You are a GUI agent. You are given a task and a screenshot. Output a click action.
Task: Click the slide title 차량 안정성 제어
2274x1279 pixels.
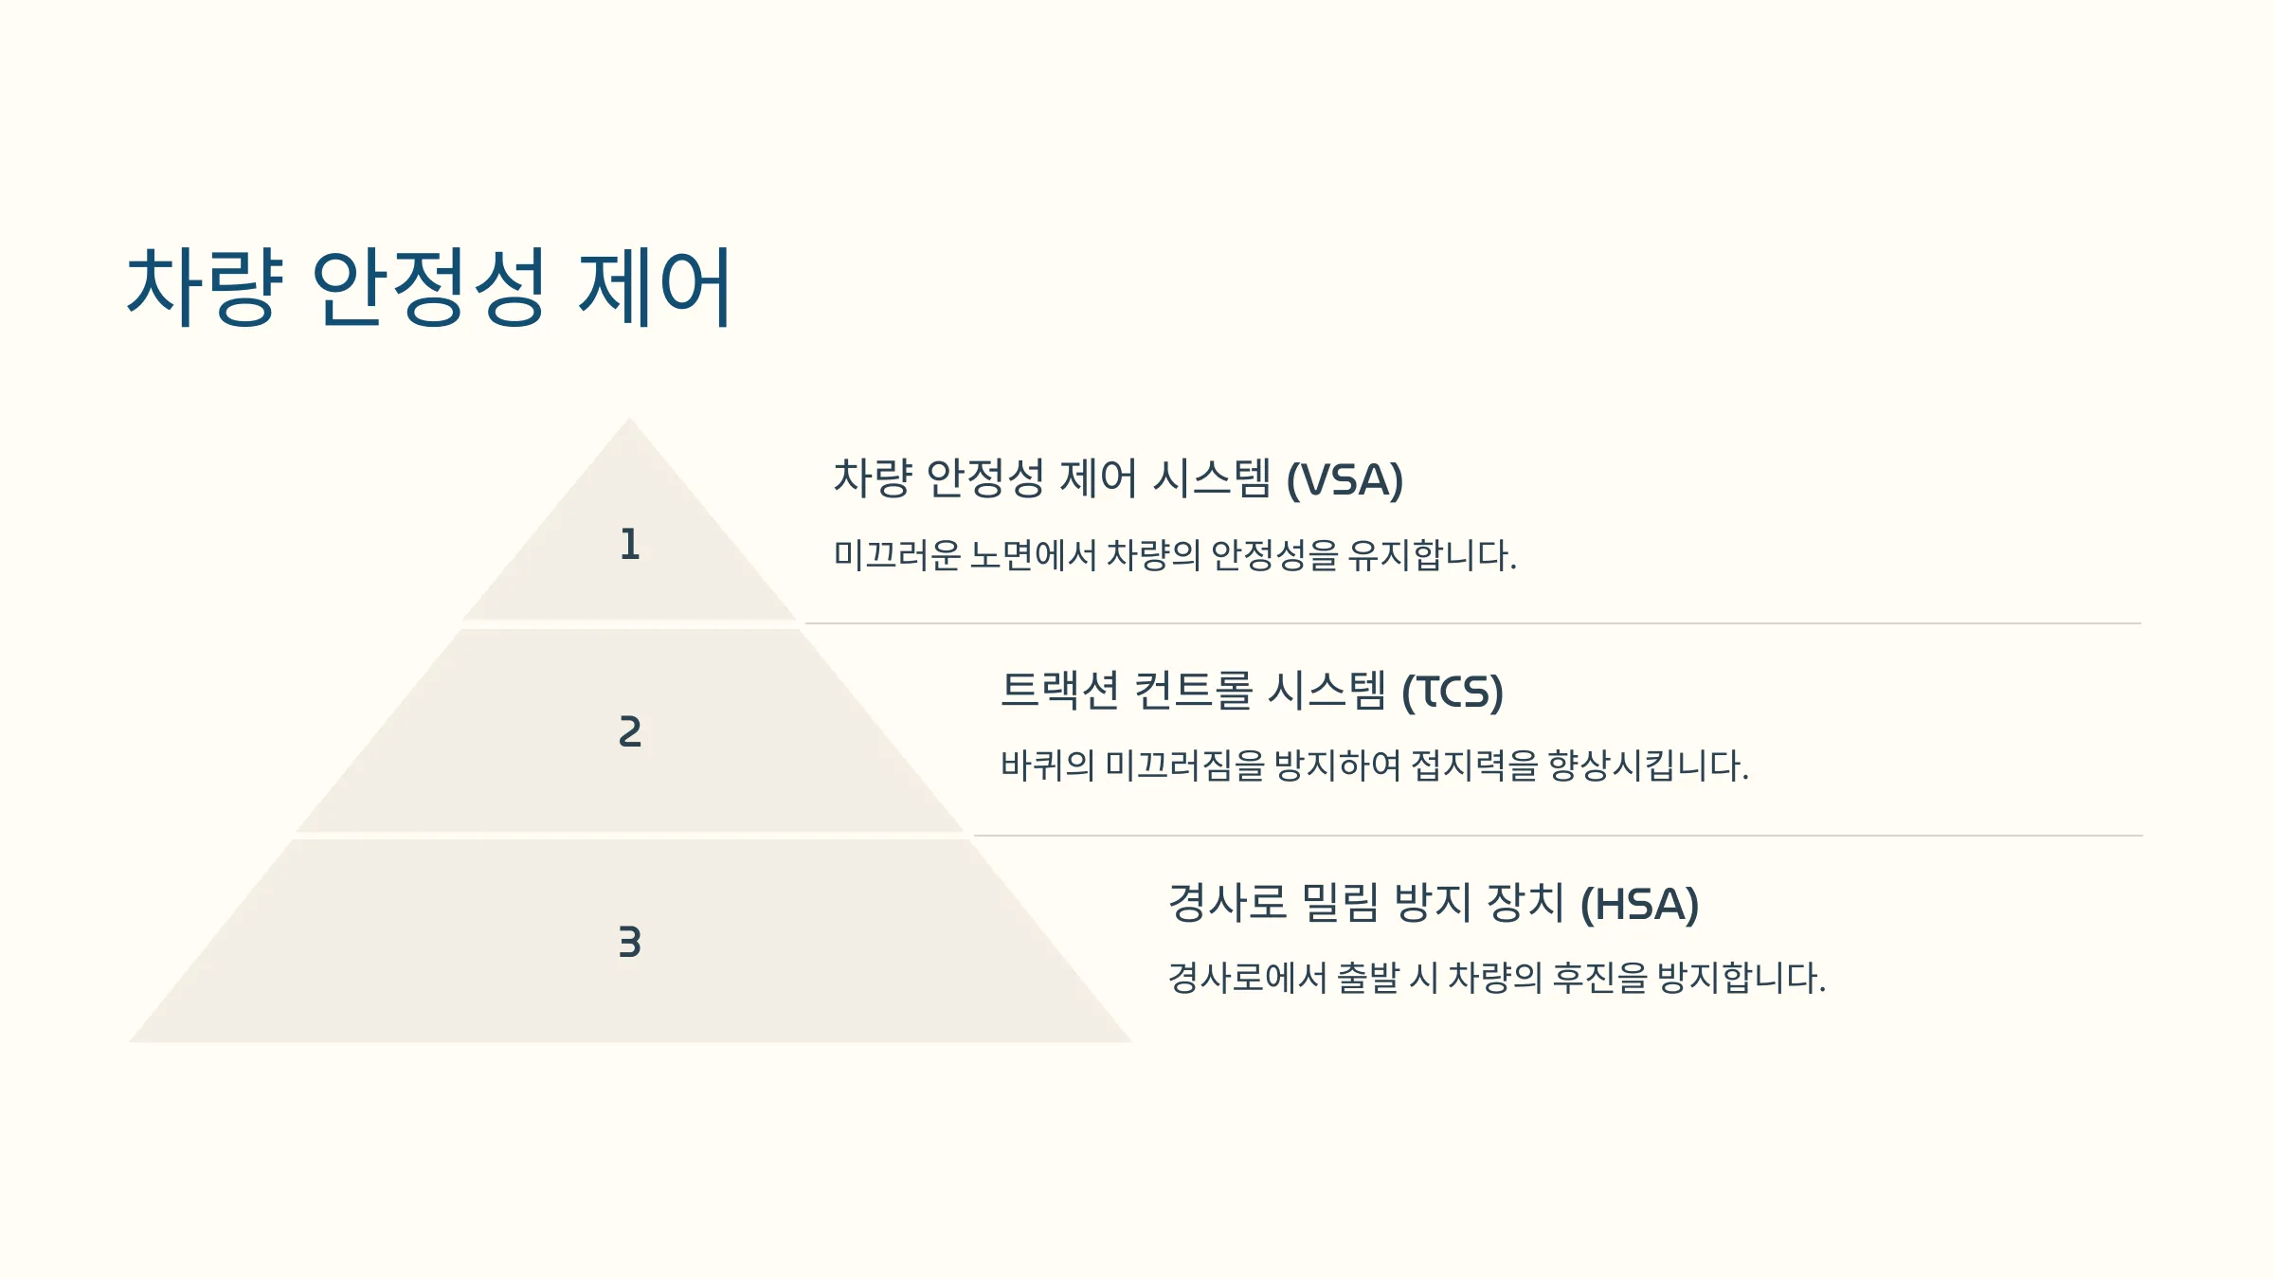point(428,286)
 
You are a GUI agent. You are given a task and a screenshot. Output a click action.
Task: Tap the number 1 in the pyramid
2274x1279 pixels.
point(630,545)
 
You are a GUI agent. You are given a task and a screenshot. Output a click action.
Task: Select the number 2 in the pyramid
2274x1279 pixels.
point(630,731)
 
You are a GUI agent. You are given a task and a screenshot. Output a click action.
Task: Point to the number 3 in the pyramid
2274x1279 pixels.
point(630,943)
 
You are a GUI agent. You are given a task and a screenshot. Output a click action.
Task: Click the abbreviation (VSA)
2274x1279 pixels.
point(1345,480)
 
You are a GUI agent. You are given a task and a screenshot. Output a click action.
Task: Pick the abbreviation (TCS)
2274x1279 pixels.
point(1453,693)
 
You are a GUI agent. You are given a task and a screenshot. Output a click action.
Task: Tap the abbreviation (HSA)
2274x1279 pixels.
point(1639,905)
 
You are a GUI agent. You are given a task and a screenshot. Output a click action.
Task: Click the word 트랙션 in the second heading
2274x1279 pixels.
point(1060,691)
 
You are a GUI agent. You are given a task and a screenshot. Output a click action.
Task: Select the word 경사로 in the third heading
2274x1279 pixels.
point(1228,902)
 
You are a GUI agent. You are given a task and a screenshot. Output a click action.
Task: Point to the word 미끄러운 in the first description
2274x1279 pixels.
point(897,555)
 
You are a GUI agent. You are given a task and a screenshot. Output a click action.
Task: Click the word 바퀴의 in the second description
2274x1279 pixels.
point(1048,766)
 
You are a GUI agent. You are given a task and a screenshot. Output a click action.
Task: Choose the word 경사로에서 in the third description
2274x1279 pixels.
point(1248,978)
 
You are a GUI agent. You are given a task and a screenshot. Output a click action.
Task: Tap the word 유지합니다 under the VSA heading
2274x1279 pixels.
point(1433,555)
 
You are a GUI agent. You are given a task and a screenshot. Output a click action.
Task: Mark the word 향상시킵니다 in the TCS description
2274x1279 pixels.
point(1649,766)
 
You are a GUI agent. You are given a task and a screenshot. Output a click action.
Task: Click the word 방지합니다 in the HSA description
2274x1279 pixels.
point(1742,978)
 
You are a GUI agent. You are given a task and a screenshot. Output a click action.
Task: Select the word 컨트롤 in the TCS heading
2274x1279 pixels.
point(1194,691)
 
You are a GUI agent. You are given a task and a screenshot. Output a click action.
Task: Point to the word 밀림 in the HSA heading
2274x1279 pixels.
point(1341,902)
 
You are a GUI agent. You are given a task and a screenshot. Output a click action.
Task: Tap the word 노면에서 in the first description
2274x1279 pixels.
point(1034,555)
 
